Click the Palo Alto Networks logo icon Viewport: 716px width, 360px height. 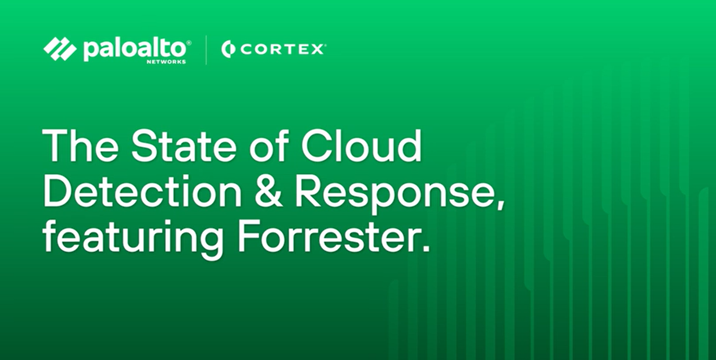(60, 49)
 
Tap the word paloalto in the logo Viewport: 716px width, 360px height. (134, 50)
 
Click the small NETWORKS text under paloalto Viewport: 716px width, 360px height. (166, 62)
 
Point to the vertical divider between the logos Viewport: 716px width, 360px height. (206, 50)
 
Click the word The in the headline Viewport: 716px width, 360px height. (80, 145)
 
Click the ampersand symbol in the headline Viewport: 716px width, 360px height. (268, 191)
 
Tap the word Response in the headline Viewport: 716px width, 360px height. (392, 195)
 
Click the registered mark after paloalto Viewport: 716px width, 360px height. (189, 42)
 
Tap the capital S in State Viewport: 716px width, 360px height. (145, 145)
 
